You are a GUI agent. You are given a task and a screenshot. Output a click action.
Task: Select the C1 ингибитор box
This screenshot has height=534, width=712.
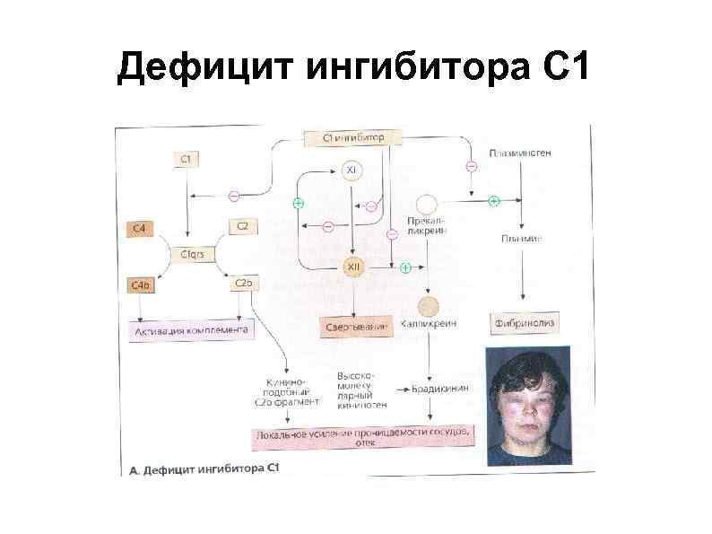[x=355, y=137]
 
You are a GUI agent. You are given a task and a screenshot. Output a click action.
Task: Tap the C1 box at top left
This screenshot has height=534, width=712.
[x=187, y=160]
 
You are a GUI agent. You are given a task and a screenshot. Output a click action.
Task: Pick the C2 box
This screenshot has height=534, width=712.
[x=243, y=226]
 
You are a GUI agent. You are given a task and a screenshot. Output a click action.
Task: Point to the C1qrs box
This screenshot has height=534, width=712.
[x=193, y=254]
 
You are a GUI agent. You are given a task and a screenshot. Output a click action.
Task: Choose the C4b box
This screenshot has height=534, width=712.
[x=141, y=285]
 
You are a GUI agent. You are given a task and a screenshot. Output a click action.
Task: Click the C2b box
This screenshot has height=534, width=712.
[x=244, y=284]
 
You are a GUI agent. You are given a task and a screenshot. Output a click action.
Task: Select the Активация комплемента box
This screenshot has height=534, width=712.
[x=191, y=329]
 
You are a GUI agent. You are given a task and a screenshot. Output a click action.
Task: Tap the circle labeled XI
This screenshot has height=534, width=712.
[x=352, y=172]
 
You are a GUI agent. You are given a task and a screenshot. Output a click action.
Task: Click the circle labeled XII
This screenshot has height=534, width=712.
[x=353, y=267]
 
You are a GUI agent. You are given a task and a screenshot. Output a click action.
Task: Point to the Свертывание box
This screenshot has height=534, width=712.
[x=356, y=328]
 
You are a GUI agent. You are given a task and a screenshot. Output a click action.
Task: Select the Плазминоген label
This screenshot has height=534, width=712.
[x=520, y=153]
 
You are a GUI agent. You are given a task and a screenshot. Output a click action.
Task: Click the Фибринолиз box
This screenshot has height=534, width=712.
[x=522, y=320]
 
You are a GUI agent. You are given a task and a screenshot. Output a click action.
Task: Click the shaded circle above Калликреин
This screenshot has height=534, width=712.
[x=430, y=305]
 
